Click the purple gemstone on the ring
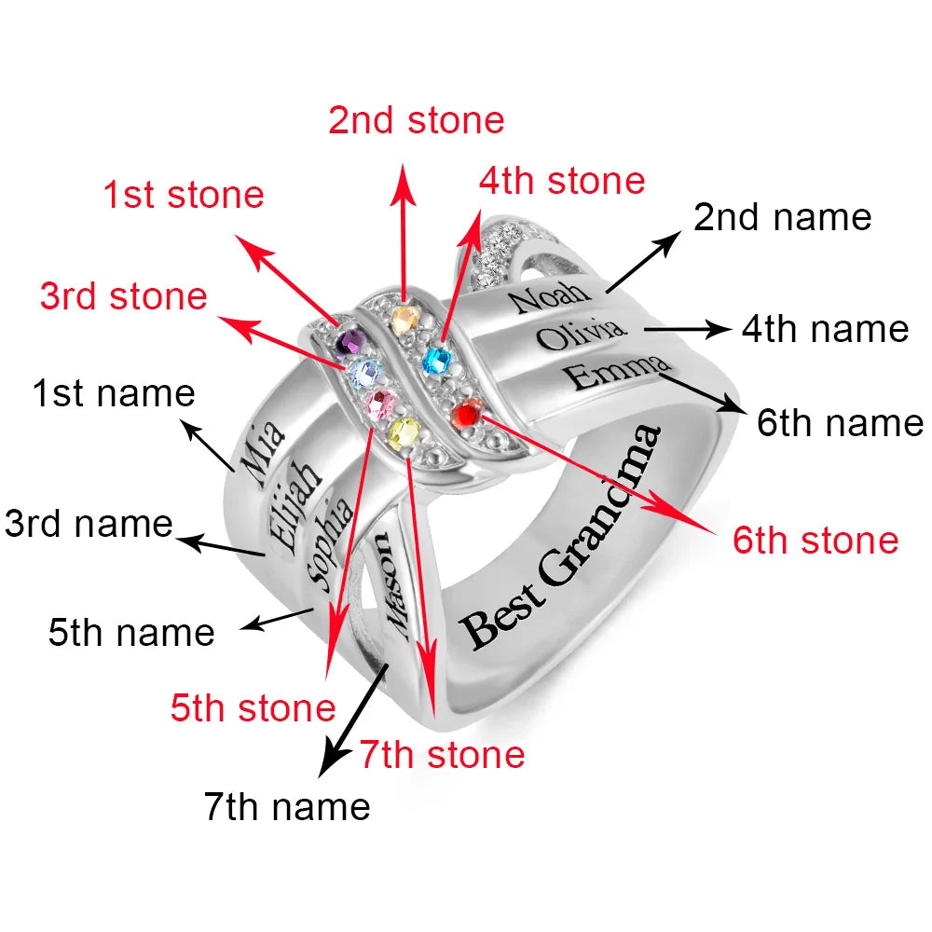click(350, 342)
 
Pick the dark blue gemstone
click(436, 360)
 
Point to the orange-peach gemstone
click(404, 321)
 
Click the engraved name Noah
click(550, 298)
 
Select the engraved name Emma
click(618, 373)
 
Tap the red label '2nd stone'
click(416, 120)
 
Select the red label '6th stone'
click(815, 541)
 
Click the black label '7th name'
click(287, 806)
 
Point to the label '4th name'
click(825, 329)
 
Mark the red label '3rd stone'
click(123, 296)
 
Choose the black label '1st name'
click(114, 393)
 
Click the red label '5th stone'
click(253, 708)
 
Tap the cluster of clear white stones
click(494, 247)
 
